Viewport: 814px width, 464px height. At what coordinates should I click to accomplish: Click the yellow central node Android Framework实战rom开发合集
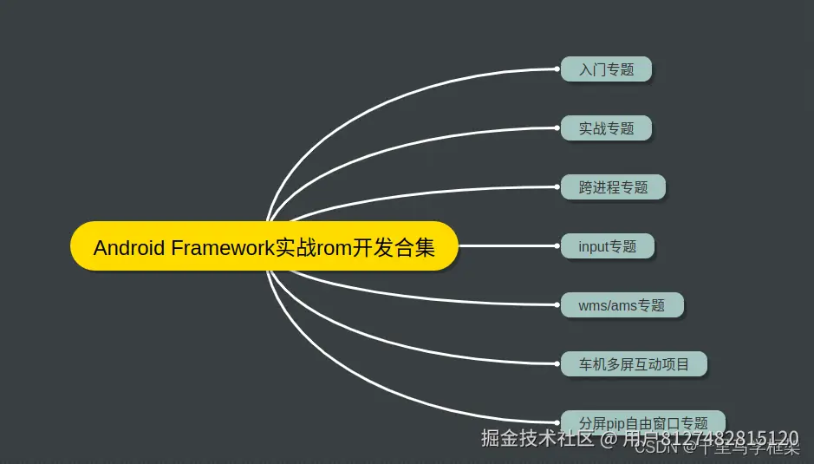click(x=264, y=247)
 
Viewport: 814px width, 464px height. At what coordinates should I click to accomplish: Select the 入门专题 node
click(x=606, y=69)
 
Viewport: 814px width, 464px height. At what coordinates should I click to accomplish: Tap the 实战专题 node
click(x=606, y=128)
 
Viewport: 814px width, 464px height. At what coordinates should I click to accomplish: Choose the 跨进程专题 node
click(x=613, y=187)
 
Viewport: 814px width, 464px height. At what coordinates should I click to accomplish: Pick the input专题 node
click(x=607, y=246)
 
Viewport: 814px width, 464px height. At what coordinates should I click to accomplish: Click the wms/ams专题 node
click(x=622, y=305)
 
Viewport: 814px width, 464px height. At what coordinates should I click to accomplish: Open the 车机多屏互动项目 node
click(x=634, y=364)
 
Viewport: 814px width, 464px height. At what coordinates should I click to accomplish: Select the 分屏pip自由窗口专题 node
click(x=642, y=423)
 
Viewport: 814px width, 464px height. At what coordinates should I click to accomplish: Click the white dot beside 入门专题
click(x=557, y=69)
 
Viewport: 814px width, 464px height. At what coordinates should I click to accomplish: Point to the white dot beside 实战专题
click(x=557, y=127)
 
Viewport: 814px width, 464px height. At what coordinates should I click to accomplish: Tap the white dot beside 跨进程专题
click(x=557, y=186)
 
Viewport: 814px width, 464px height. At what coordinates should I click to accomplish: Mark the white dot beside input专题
click(x=557, y=245)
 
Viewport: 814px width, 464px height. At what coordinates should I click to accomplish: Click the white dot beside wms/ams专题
click(x=557, y=304)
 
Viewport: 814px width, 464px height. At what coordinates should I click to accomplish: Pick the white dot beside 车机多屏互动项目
click(x=557, y=363)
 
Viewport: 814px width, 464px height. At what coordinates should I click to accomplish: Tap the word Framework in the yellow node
click(x=223, y=248)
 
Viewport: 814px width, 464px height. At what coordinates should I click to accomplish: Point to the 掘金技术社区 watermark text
click(x=537, y=438)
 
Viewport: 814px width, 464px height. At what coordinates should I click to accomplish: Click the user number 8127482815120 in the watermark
click(x=729, y=438)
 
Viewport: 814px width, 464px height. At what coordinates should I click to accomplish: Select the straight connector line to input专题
click(x=507, y=245)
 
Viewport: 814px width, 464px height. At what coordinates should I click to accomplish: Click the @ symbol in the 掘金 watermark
click(x=609, y=439)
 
